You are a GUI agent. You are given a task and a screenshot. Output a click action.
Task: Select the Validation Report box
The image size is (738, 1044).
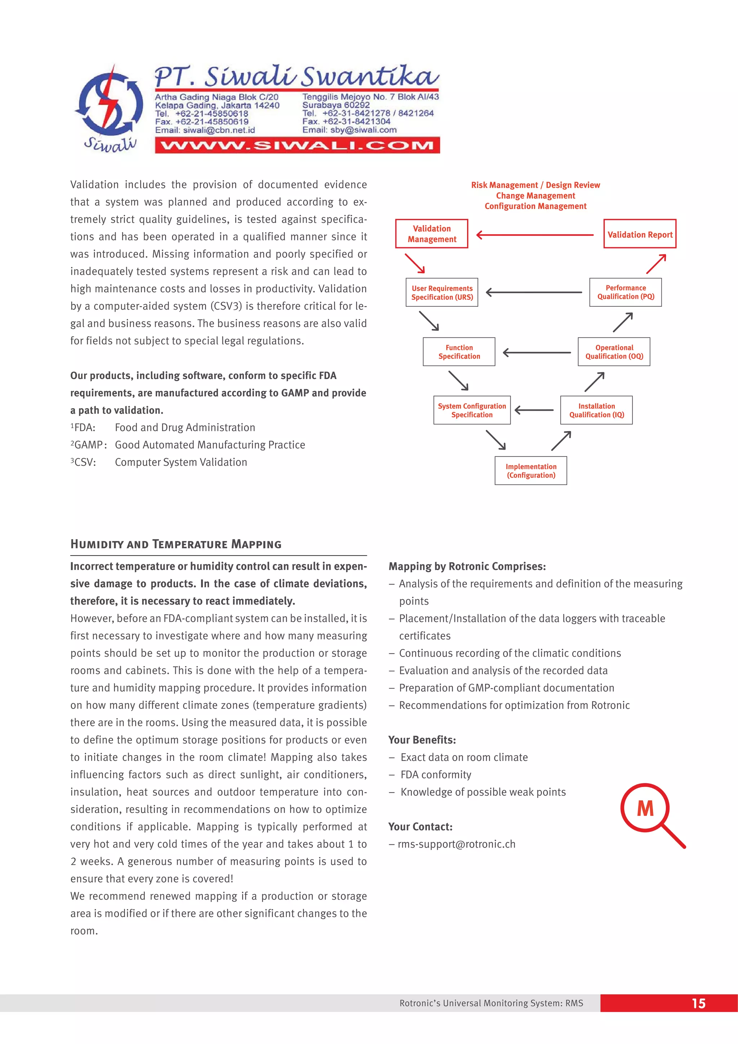click(x=639, y=234)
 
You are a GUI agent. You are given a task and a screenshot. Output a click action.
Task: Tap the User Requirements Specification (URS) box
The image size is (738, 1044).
click(x=441, y=292)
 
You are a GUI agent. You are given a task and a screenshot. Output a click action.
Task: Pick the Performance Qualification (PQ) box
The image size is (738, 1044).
click(x=625, y=292)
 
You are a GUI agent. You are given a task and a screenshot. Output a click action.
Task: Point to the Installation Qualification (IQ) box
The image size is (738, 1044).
click(x=596, y=410)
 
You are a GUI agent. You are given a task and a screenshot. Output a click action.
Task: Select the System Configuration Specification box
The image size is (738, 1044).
click(x=472, y=410)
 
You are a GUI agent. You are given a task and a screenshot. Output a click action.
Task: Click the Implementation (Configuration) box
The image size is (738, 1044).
click(x=531, y=471)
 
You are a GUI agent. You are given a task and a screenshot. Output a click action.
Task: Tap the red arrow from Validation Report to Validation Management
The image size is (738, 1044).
click(x=535, y=235)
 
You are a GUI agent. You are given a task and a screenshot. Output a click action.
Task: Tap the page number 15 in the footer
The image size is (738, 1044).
click(x=698, y=1003)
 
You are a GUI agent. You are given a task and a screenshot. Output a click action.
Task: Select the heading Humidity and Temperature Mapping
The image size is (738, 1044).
click(x=176, y=544)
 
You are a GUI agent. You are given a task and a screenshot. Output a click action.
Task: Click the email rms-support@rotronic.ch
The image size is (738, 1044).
click(x=456, y=844)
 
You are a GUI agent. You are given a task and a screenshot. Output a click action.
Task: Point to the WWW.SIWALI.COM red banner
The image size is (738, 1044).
click(x=297, y=146)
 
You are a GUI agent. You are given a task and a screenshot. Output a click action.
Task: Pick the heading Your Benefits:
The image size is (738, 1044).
click(x=422, y=740)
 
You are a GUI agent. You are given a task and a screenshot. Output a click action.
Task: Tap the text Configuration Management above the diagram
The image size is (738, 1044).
click(x=535, y=206)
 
